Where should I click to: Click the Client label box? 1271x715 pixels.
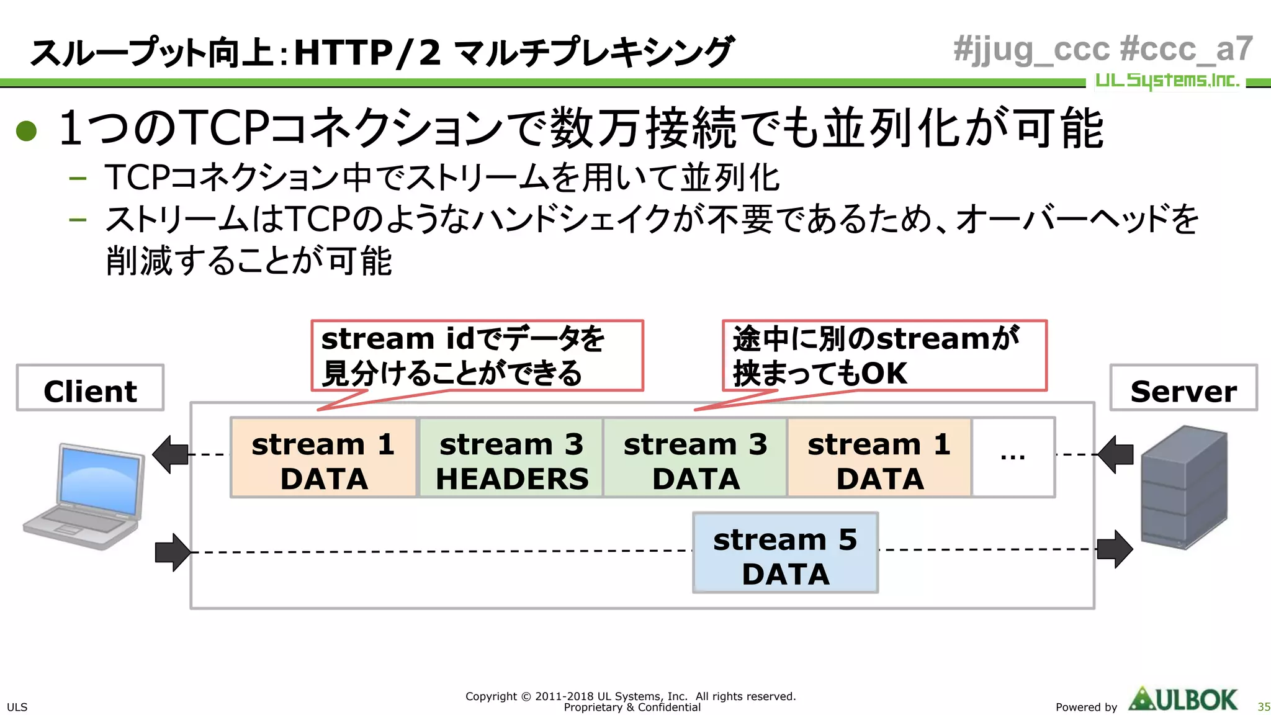(90, 388)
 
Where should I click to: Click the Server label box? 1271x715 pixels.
(1183, 388)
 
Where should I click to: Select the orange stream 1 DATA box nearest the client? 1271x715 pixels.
(323, 458)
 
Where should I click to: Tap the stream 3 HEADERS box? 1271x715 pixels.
(511, 458)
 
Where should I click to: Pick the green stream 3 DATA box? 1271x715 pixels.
(695, 458)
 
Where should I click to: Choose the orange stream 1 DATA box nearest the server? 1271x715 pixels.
(879, 458)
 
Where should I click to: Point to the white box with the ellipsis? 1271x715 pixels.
(1013, 458)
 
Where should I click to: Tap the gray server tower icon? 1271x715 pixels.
(1183, 487)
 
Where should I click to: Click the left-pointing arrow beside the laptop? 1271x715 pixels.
(170, 454)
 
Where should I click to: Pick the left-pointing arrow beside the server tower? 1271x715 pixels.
(1115, 454)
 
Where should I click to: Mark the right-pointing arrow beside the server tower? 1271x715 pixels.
(1115, 549)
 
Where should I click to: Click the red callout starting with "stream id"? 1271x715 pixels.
(477, 356)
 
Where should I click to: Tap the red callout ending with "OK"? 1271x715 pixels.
(884, 356)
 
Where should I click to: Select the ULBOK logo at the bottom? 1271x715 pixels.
(1183, 699)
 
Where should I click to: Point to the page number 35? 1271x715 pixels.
(1263, 707)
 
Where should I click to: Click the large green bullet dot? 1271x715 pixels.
(27, 130)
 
